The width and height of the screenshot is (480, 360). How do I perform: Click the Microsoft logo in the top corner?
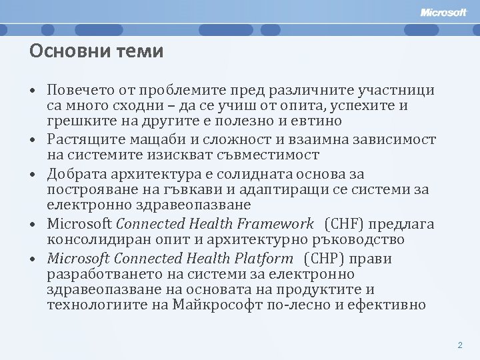(444, 12)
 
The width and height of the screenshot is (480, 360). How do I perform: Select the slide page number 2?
(459, 345)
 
